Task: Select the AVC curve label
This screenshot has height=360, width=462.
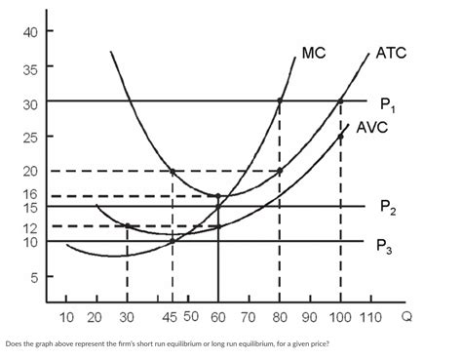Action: [x=374, y=128]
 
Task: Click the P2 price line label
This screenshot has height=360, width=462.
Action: [x=388, y=208]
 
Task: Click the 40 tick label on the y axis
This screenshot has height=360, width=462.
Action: [x=30, y=32]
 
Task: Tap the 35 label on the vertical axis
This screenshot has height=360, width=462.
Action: [x=30, y=69]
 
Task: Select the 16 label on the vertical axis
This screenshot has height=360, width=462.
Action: [x=30, y=194]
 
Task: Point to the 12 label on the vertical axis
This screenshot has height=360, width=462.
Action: [x=30, y=228]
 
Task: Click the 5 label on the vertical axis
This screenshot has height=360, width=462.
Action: [x=34, y=277]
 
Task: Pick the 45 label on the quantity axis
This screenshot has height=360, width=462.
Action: [x=170, y=317]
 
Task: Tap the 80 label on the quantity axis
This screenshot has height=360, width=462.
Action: [x=280, y=317]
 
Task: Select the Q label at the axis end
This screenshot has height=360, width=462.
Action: [x=406, y=317]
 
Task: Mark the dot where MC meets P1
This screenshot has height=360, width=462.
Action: [x=280, y=100]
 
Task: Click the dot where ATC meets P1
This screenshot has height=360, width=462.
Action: [x=341, y=100]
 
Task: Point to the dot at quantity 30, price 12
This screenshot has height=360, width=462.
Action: [x=127, y=226]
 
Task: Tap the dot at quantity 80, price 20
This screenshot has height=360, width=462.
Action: [x=280, y=171]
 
